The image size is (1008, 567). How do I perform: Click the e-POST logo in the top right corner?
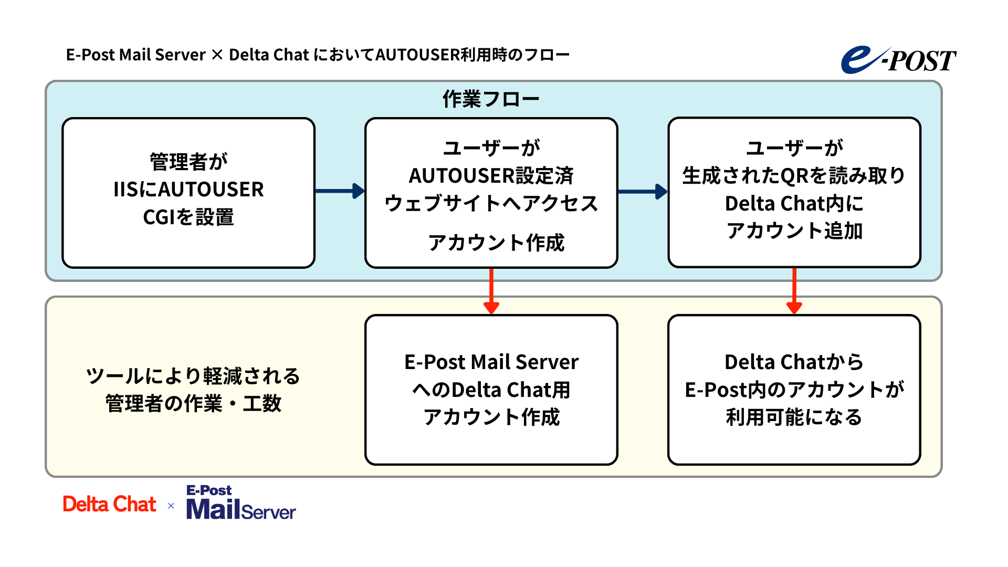[x=899, y=60]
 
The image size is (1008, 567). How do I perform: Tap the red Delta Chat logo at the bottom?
[x=109, y=505]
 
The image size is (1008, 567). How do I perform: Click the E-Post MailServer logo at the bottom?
[x=241, y=503]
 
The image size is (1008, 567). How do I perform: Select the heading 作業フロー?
[x=491, y=99]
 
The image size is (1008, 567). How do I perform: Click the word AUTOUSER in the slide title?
[x=417, y=55]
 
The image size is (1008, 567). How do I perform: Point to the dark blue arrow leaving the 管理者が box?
[x=339, y=191]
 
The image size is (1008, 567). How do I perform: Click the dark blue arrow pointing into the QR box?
[x=642, y=192]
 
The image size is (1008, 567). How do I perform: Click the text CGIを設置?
[x=188, y=217]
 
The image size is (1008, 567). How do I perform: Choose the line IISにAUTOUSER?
[x=188, y=190]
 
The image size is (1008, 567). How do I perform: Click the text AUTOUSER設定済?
[x=491, y=176]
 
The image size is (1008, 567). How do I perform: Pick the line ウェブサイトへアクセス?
[x=491, y=203]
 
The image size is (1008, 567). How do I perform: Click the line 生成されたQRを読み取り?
[x=794, y=176]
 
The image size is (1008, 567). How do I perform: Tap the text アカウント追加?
[x=794, y=230]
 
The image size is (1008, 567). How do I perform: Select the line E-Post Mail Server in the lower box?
[x=491, y=362]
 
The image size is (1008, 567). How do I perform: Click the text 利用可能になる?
[x=794, y=417]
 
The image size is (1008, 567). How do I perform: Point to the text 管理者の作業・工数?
[x=193, y=404]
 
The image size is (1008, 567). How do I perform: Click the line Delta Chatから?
[x=794, y=362]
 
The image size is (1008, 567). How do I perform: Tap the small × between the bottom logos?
[x=171, y=506]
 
